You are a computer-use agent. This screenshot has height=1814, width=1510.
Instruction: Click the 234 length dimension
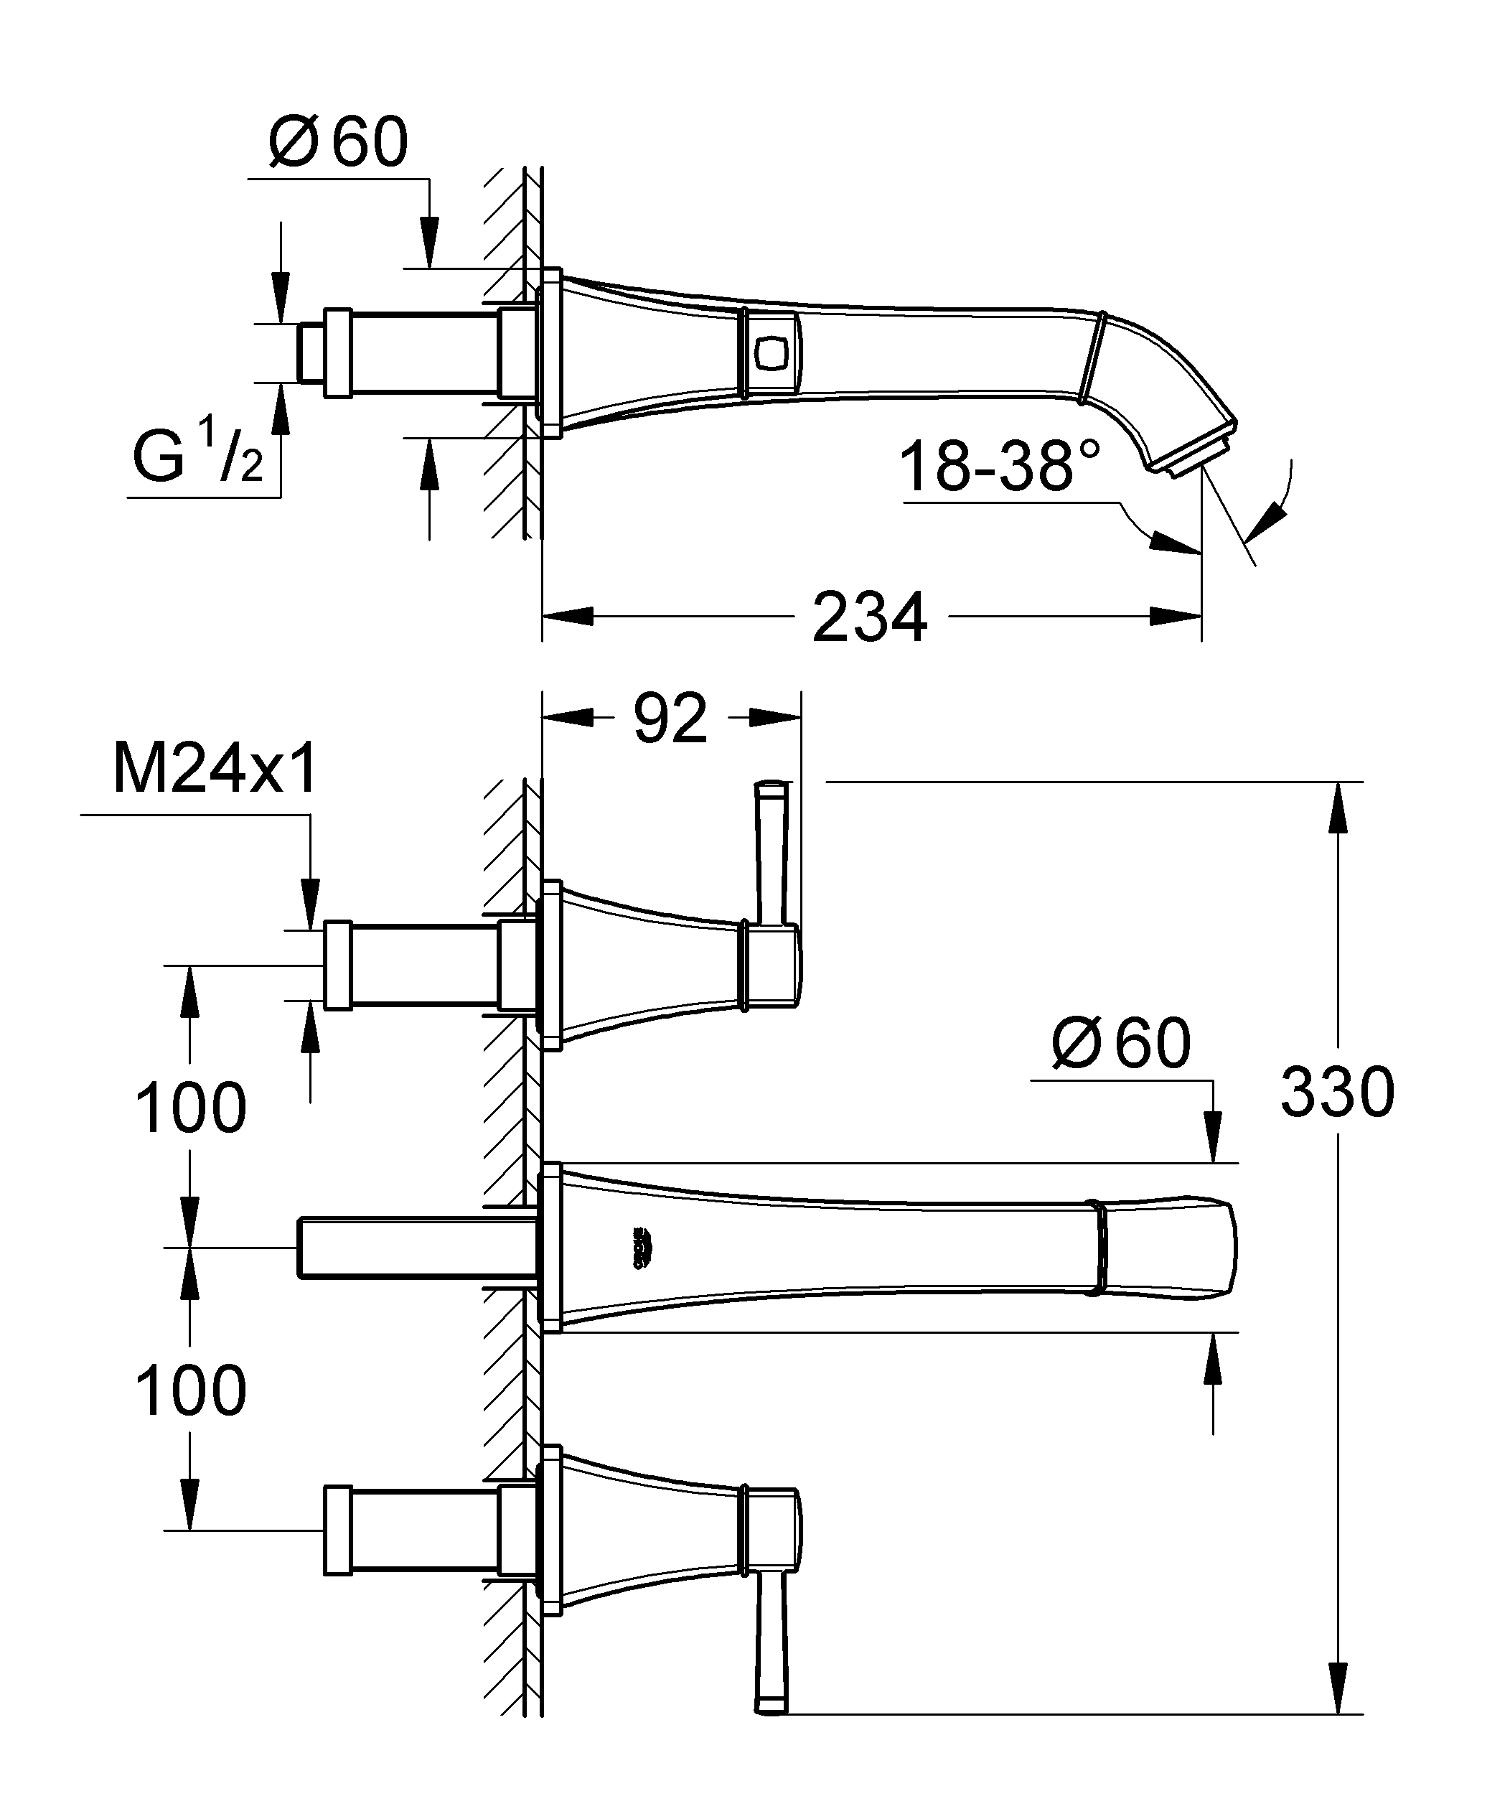(x=869, y=617)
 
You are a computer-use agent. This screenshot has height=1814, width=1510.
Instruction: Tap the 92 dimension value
(x=670, y=718)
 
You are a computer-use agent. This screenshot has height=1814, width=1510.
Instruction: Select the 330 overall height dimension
(x=1336, y=1092)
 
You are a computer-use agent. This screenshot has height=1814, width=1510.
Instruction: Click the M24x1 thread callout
(x=215, y=770)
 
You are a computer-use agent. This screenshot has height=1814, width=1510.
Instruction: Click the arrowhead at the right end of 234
(x=1175, y=616)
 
